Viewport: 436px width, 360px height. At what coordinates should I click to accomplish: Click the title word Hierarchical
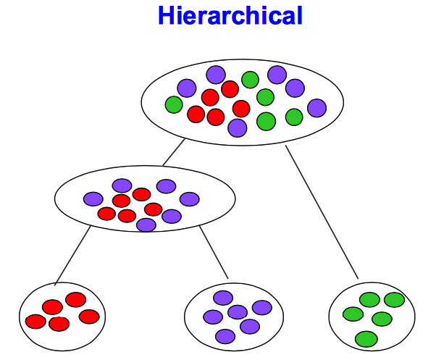[x=230, y=15]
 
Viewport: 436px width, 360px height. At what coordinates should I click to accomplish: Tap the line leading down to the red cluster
[x=72, y=254]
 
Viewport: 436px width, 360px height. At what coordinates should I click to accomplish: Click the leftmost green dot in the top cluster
[x=174, y=105]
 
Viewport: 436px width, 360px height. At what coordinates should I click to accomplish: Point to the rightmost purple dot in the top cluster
[x=316, y=108]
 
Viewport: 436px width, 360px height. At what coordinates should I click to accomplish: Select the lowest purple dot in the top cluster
[x=237, y=127]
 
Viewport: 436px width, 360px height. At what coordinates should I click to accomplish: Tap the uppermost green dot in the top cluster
[x=250, y=80]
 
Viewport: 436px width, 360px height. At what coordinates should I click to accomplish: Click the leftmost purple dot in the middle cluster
[x=93, y=198]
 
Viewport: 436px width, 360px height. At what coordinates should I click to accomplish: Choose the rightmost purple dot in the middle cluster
[x=189, y=199]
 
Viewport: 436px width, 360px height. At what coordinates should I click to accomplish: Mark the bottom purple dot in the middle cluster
[x=146, y=225]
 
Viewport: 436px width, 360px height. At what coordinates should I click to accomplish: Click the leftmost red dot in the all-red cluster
[x=35, y=321]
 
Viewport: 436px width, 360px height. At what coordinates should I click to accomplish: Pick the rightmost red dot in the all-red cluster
[x=89, y=317]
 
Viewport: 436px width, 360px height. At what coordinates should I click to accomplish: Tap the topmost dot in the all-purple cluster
[x=223, y=298]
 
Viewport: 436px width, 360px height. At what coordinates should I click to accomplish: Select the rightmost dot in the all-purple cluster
[x=261, y=308]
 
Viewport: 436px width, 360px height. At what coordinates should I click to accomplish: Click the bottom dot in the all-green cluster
[x=366, y=338]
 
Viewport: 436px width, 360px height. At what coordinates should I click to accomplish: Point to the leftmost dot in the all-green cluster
[x=353, y=314]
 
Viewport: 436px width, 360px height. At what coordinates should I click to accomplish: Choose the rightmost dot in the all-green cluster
[x=394, y=300]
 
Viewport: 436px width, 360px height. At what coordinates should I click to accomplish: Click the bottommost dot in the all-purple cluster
[x=225, y=336]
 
